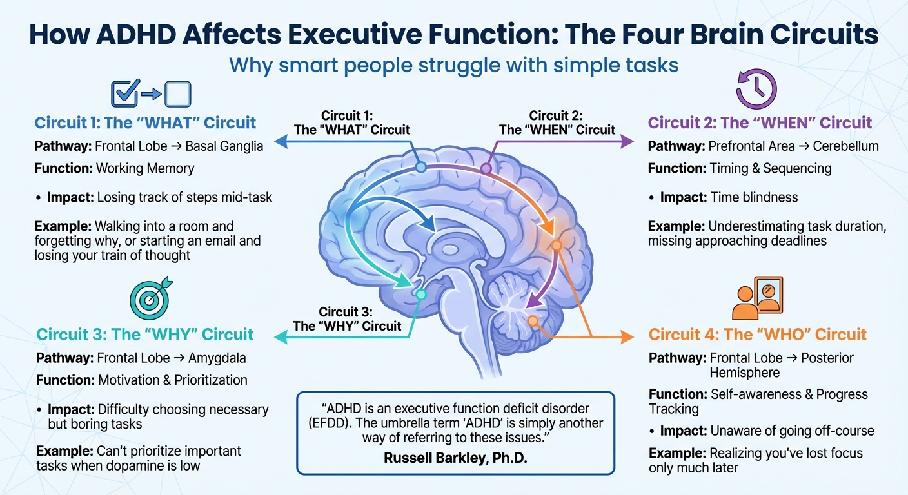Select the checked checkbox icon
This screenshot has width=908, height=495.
tap(124, 94)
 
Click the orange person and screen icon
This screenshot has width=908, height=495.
tap(758, 298)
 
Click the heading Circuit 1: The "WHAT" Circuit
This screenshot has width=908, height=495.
tap(145, 122)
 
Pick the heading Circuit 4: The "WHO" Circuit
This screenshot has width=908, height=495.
tap(757, 335)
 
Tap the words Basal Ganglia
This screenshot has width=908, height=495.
tap(224, 146)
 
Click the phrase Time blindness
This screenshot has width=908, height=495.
tap(754, 197)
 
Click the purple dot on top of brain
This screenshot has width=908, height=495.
tap(486, 169)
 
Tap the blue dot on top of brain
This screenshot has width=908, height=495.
tap(420, 167)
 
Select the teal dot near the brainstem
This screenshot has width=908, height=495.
tap(421, 295)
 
